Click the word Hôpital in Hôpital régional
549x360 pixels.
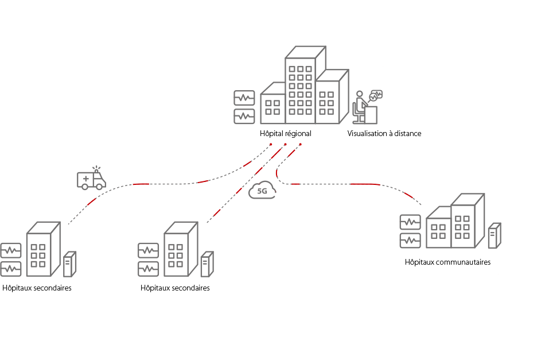270,133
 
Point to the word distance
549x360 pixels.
409,133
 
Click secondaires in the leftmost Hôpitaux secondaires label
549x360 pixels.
51,288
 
